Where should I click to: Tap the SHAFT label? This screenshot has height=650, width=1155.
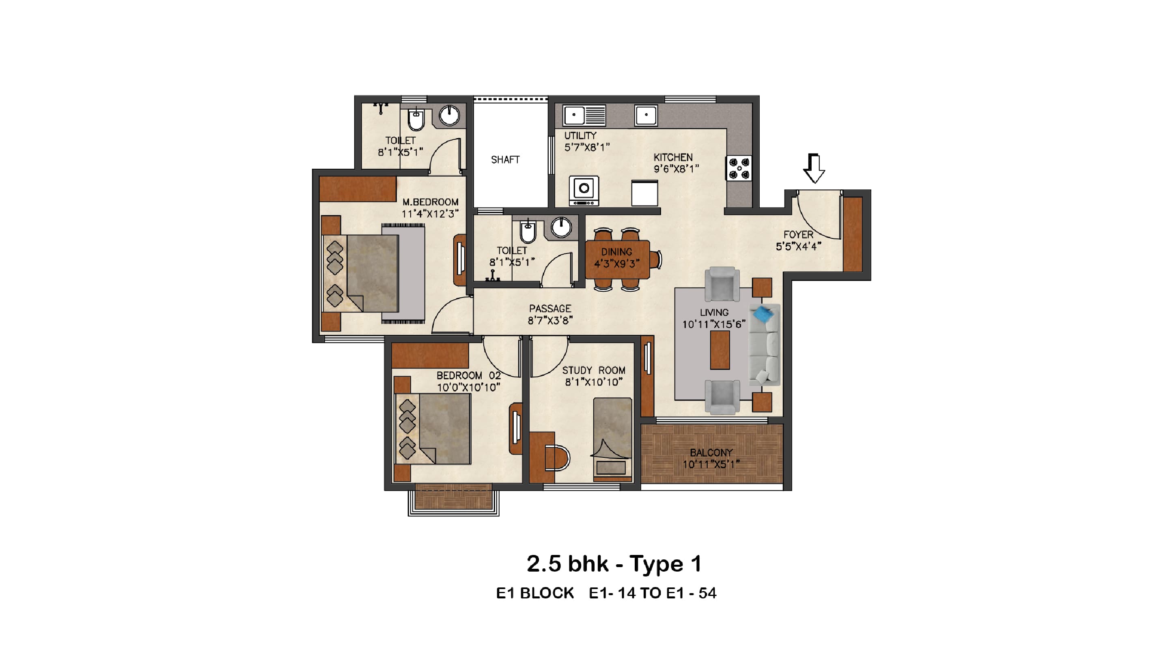tap(505, 160)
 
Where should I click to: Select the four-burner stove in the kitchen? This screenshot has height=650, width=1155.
tap(739, 168)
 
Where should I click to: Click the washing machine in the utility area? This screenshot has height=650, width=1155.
tap(584, 190)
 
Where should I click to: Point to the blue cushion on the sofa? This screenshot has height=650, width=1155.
tap(763, 313)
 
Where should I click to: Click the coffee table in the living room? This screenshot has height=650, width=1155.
tap(720, 350)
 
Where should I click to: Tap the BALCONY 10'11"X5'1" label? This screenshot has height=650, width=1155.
tap(711, 458)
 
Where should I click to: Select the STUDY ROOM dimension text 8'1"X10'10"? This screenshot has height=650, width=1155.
tap(594, 382)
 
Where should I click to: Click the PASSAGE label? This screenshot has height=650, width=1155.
tap(550, 309)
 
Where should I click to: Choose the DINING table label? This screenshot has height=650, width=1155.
tap(616, 252)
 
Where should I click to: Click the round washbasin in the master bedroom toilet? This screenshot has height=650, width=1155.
tap(449, 115)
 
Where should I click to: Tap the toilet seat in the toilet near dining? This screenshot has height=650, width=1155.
tap(528, 232)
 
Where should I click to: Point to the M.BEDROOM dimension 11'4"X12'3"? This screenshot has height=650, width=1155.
tap(430, 214)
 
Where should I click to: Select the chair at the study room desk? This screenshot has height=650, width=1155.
tap(558, 458)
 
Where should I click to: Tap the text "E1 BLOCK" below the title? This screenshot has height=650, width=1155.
tap(535, 594)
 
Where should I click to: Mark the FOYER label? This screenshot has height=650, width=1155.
tap(798, 234)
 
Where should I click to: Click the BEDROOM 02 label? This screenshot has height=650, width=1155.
tap(469, 375)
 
